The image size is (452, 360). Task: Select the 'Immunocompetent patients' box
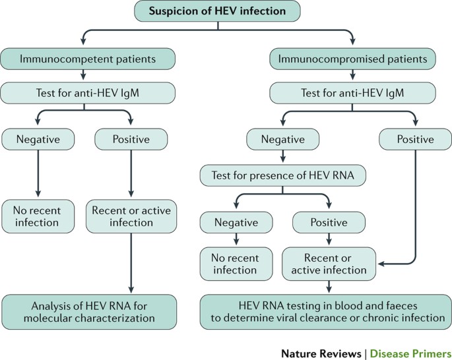click(x=88, y=59)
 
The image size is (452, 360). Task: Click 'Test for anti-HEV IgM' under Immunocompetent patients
click(x=88, y=93)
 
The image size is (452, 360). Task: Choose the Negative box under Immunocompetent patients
click(x=38, y=139)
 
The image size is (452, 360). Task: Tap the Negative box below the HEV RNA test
click(x=236, y=222)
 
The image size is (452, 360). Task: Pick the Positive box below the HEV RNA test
click(x=328, y=222)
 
